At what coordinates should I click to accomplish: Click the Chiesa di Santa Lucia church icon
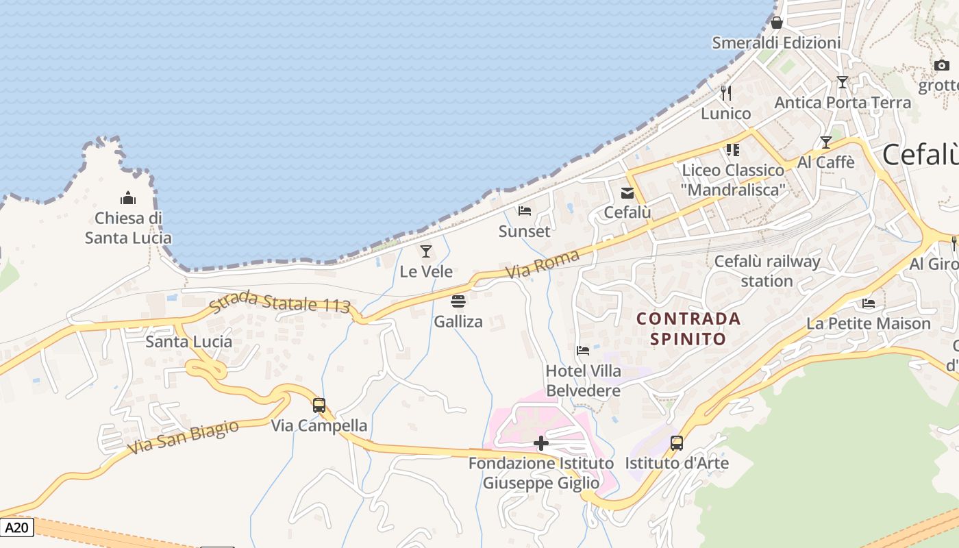[128, 199]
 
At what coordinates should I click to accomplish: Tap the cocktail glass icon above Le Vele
[426, 251]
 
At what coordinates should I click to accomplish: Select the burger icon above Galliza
[458, 301]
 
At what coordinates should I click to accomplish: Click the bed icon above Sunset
[525, 211]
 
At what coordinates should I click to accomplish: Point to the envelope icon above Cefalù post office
[627, 192]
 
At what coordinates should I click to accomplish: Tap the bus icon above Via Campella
[319, 405]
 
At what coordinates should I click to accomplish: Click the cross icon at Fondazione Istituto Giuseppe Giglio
[541, 443]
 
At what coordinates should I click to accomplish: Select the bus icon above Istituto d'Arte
[677, 443]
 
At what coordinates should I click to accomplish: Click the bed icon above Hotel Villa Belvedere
[583, 351]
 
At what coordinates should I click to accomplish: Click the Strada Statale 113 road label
[280, 302]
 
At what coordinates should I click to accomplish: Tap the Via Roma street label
[543, 264]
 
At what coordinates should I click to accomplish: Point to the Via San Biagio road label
[184, 437]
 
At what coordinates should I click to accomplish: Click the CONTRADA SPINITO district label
[688, 328]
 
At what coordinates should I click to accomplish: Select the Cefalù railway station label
[767, 271]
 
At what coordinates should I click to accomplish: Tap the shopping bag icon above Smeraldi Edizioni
[776, 23]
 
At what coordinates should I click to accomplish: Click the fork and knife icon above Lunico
[726, 92]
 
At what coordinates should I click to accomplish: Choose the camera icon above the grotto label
[942, 65]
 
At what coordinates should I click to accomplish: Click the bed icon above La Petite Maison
[869, 303]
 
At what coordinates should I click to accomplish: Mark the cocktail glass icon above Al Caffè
[826, 142]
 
